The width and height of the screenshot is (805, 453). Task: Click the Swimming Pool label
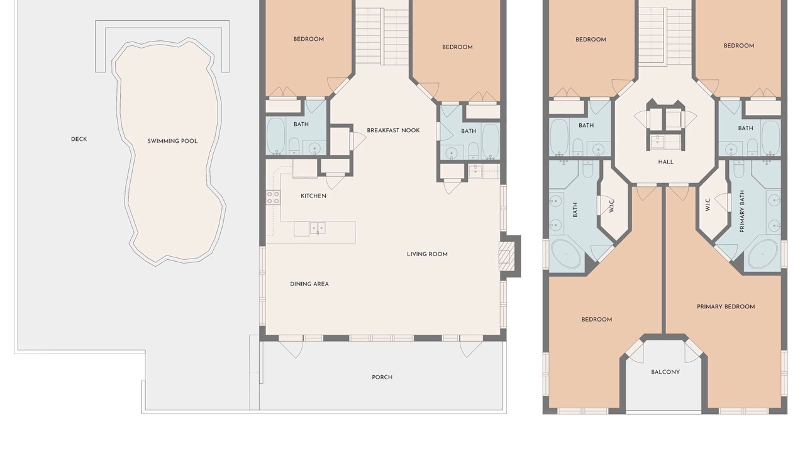pos(172,141)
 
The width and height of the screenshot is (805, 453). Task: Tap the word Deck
pos(79,139)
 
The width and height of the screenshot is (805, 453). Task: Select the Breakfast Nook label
pos(393,130)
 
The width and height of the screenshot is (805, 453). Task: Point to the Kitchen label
pos(313,196)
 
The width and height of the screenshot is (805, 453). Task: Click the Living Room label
pos(427,254)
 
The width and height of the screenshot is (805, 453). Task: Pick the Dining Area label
pos(309,284)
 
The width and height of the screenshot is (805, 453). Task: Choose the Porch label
pos(382,377)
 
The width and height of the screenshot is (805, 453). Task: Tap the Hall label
pos(666,162)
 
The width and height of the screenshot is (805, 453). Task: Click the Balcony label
pos(665,372)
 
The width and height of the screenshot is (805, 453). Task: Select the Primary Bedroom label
pos(726,306)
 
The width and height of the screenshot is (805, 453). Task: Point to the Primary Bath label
pos(742,211)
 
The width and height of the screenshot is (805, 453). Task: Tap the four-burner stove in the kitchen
pos(273,198)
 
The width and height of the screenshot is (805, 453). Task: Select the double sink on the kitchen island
pos(318,228)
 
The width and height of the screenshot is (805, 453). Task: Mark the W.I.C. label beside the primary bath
pos(708,204)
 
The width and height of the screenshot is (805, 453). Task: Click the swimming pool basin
pos(170,151)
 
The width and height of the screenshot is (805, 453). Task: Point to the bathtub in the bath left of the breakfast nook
pos(276,136)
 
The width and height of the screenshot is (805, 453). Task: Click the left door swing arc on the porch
pos(291,349)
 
